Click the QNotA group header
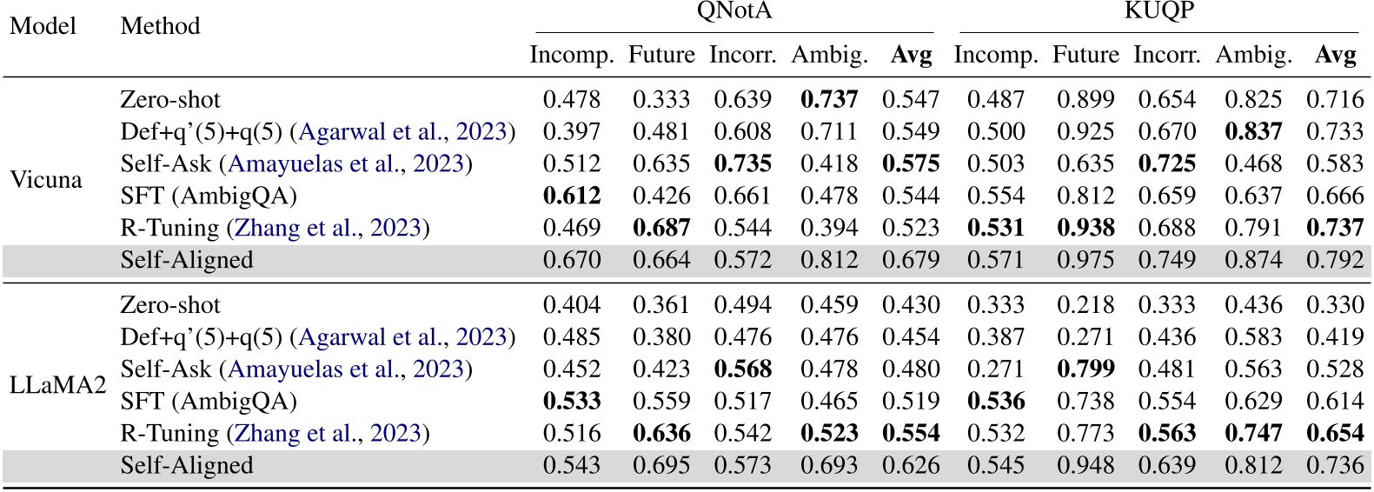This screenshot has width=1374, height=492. (733, 11)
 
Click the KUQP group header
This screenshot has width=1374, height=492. (1158, 11)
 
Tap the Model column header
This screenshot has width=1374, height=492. (43, 26)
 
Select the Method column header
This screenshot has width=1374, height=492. (160, 26)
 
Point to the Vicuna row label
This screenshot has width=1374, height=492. (46, 180)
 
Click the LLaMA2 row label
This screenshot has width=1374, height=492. (57, 385)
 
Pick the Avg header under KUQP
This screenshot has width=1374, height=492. (1335, 56)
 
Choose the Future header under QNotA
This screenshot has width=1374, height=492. (661, 56)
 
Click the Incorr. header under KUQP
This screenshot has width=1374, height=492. (1167, 56)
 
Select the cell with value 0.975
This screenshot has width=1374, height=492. (1085, 260)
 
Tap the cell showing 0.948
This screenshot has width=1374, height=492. (1085, 465)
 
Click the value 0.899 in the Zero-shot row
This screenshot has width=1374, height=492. (1085, 100)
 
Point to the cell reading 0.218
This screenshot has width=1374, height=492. (1085, 305)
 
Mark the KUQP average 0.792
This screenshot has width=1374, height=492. (1335, 260)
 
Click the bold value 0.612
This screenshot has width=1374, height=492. (572, 196)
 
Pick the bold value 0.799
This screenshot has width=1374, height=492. (1085, 369)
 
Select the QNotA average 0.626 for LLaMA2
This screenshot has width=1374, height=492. (911, 465)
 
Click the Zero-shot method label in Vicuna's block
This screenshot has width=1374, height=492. (170, 100)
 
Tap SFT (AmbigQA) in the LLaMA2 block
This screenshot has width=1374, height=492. (209, 401)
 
